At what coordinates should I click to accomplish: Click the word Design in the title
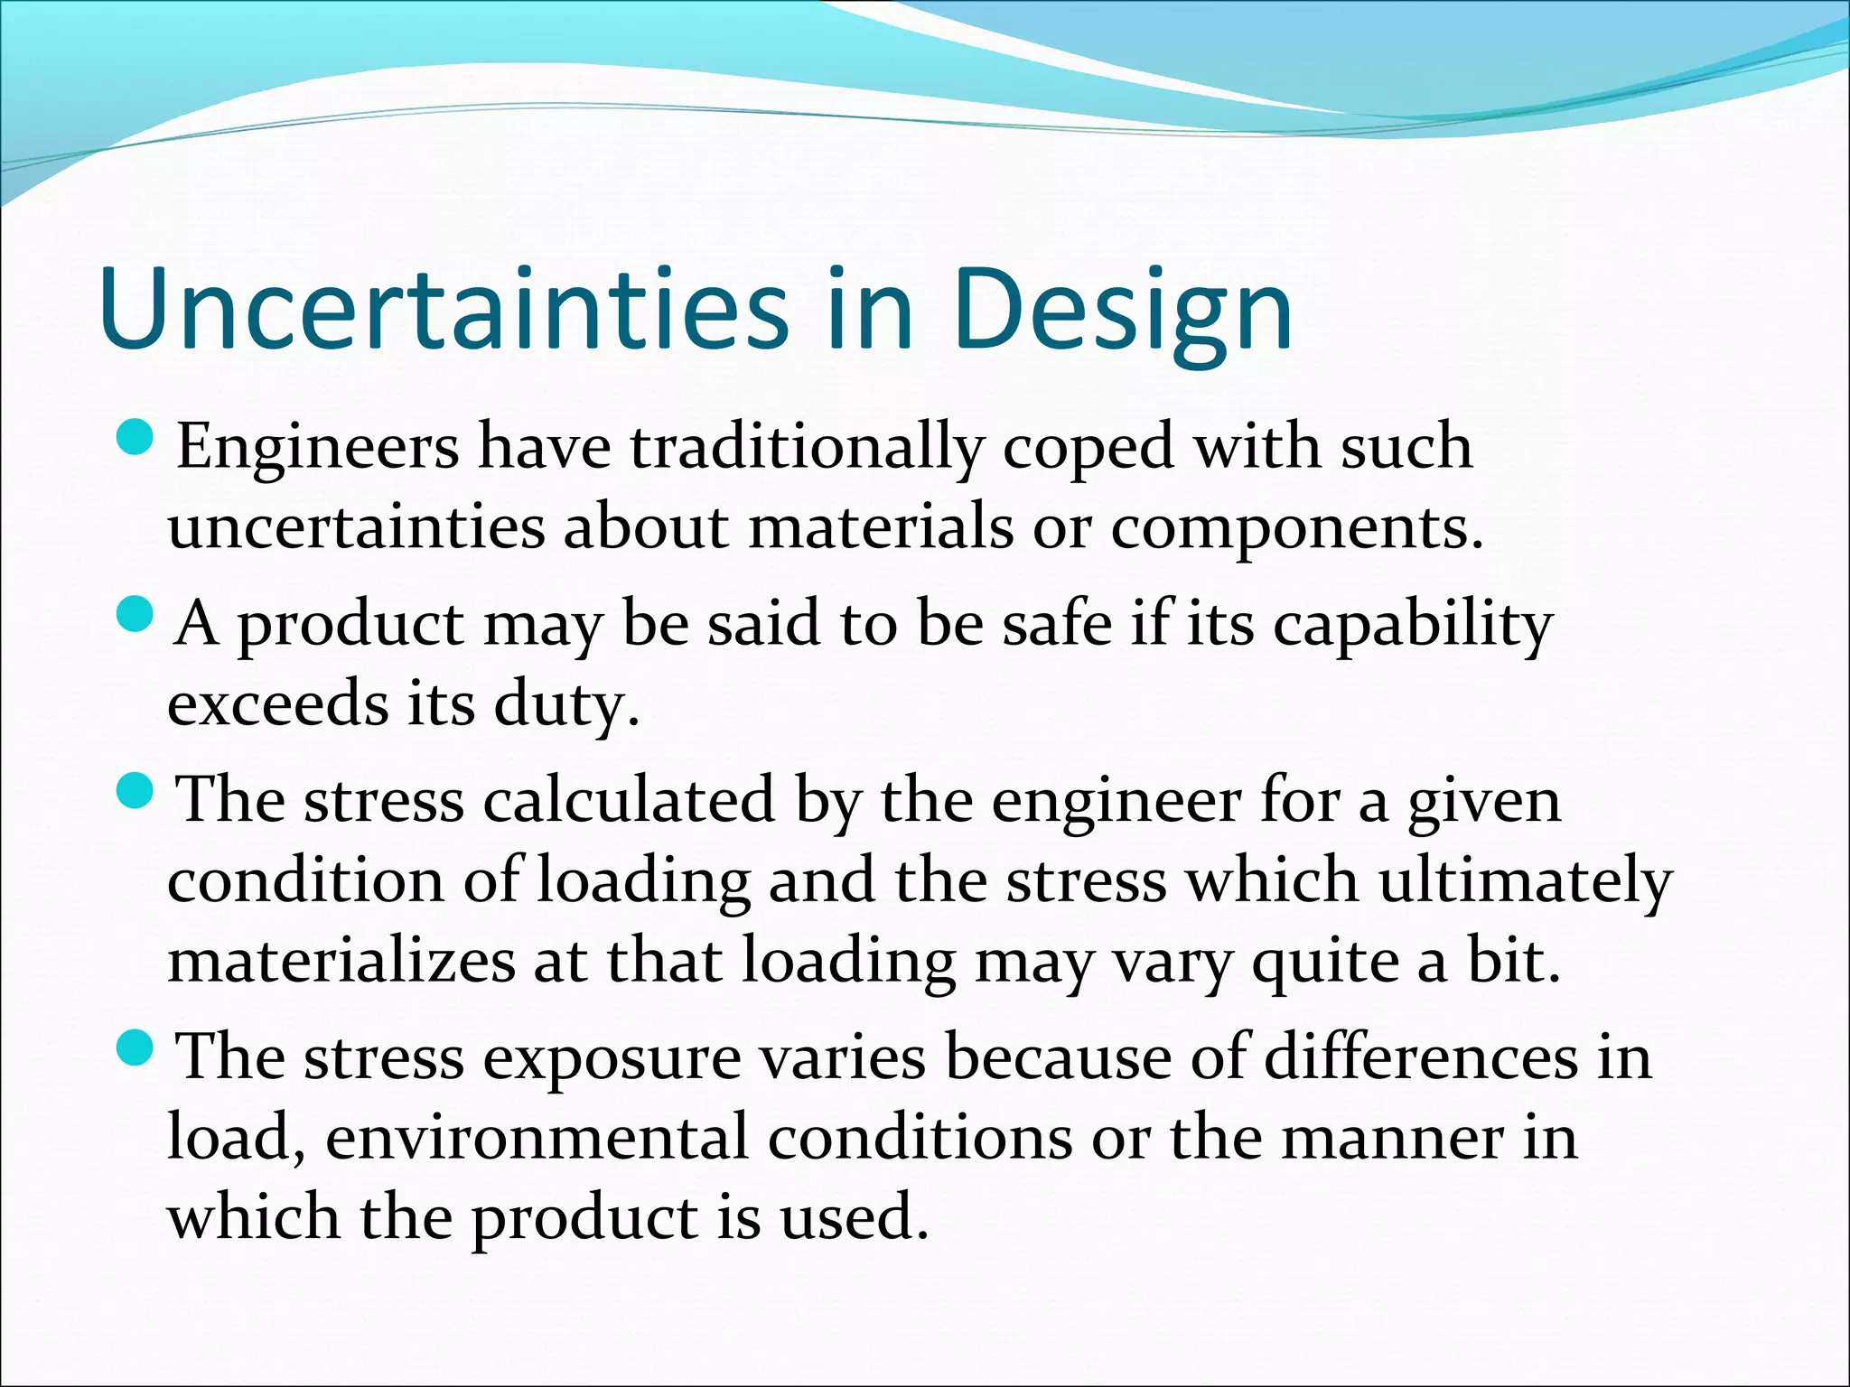[x=1122, y=312]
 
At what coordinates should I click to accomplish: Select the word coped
[x=1088, y=447]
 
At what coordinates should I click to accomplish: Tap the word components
[x=1296, y=527]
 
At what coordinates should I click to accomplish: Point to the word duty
[x=565, y=704]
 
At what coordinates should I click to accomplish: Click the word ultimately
[x=1526, y=881]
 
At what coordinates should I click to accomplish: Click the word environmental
[x=537, y=1138]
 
